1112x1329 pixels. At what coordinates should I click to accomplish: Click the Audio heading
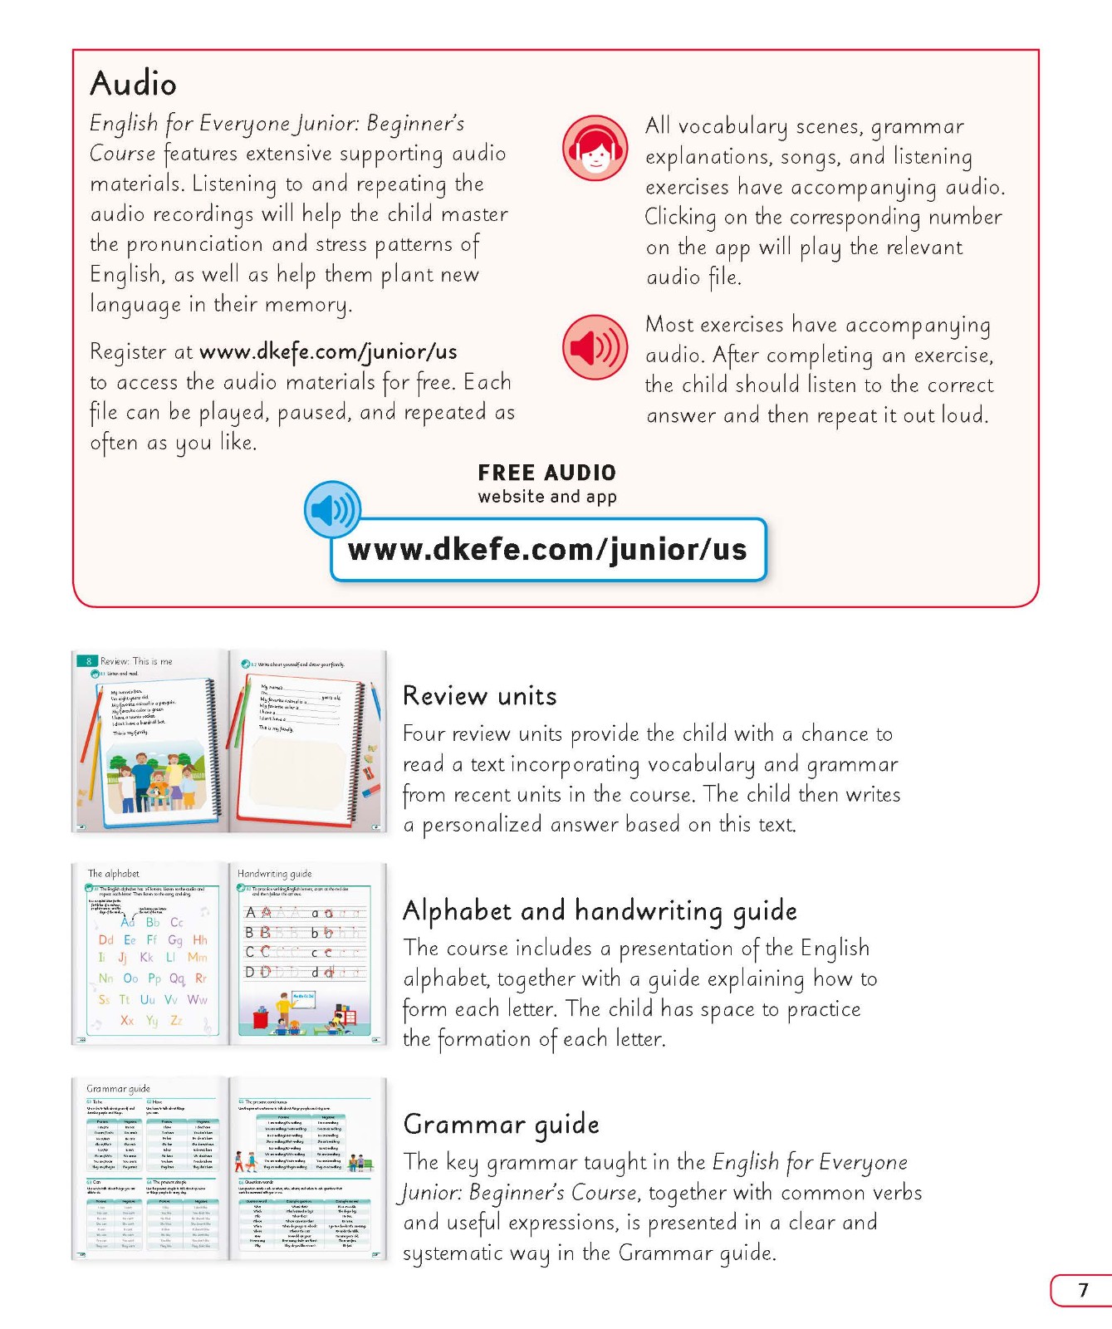click(133, 84)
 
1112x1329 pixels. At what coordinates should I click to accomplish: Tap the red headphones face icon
click(595, 148)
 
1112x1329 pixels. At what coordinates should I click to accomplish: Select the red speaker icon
click(595, 347)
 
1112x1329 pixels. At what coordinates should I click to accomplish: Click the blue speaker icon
click(332, 509)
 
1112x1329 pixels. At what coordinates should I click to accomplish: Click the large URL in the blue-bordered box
click(547, 549)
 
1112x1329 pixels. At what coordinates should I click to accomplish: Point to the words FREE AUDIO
click(546, 473)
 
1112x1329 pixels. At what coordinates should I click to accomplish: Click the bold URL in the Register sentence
click(328, 351)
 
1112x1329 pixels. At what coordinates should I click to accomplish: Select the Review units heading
click(479, 695)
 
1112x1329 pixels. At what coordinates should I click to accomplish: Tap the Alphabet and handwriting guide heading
click(600, 910)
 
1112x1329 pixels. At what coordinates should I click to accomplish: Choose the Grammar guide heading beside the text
click(501, 1124)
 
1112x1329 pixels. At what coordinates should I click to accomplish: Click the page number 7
click(1083, 1290)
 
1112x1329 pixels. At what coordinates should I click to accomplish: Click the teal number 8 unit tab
click(88, 661)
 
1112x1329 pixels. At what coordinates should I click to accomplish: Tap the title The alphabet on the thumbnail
click(114, 873)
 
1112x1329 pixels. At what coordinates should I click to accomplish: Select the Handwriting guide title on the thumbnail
click(275, 873)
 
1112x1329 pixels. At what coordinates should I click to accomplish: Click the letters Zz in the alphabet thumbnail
click(176, 1020)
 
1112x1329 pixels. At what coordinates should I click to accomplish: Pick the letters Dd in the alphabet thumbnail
click(105, 940)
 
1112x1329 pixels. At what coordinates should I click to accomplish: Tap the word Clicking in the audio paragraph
click(680, 218)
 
